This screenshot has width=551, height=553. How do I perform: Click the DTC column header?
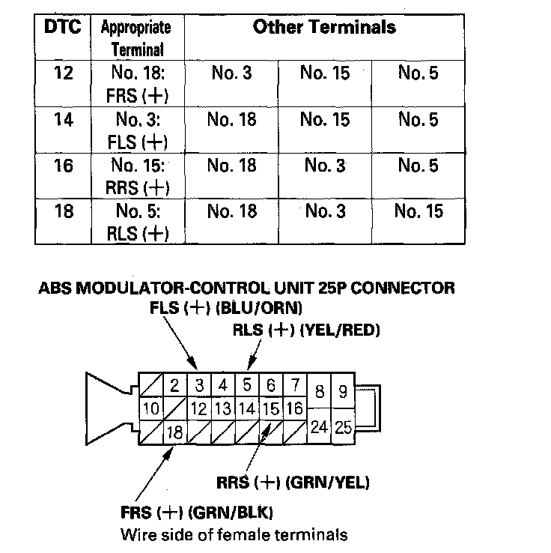tap(63, 27)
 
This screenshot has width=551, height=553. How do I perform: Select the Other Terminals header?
tap(324, 28)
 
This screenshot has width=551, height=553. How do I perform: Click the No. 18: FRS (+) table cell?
tap(137, 84)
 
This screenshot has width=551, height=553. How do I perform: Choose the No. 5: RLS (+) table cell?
tap(137, 223)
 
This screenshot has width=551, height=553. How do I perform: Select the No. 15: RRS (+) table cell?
tap(137, 176)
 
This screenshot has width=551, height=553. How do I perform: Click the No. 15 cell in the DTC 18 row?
tap(418, 212)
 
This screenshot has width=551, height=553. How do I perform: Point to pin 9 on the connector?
tap(343, 391)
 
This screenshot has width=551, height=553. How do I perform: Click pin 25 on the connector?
tap(343, 428)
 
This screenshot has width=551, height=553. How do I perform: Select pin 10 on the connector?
tap(150, 408)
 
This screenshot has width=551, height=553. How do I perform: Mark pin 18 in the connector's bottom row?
tap(174, 432)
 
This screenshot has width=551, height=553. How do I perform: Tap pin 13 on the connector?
tap(222, 408)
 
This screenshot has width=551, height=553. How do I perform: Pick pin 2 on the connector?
tap(174, 387)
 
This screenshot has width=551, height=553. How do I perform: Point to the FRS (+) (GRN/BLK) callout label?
tap(196, 513)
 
